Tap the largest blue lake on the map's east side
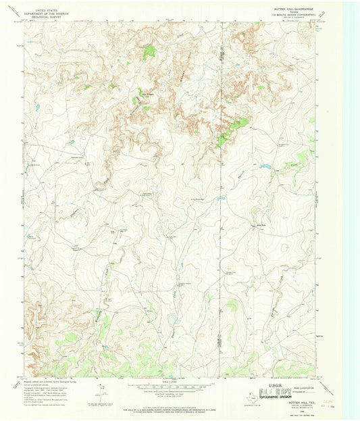tap(264, 166)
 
